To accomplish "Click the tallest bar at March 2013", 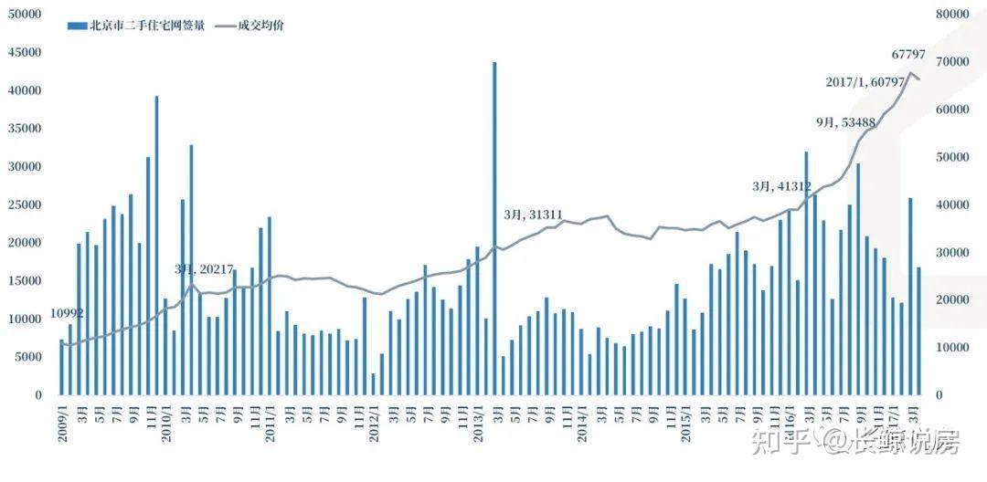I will click(x=494, y=228).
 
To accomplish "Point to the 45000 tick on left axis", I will click(x=25, y=53).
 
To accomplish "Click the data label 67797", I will click(x=908, y=55).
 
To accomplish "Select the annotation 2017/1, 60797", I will click(x=865, y=83).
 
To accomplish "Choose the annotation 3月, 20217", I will click(x=205, y=269).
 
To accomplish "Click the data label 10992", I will click(x=66, y=313).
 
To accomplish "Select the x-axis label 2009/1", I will click(x=62, y=424).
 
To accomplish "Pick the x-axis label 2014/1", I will click(x=580, y=424).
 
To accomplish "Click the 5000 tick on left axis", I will click(x=28, y=357).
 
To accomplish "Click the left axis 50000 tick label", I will click(x=25, y=15).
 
